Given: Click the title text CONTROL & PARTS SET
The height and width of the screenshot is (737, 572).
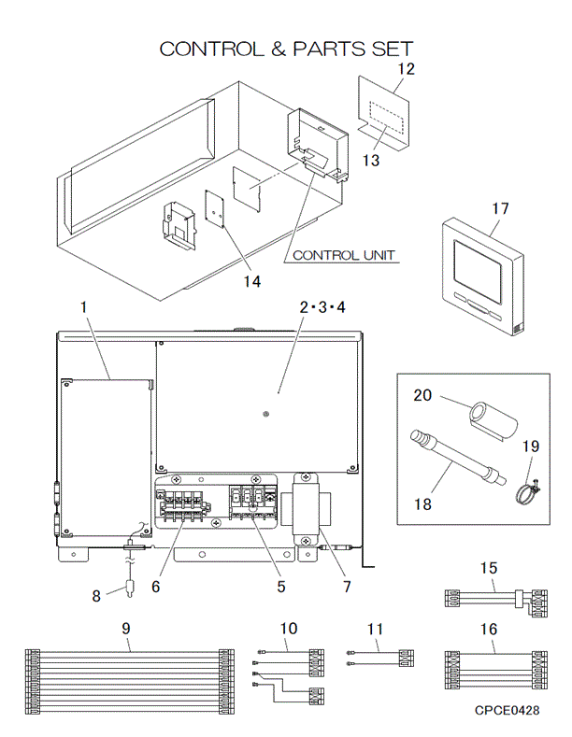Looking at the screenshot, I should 285,49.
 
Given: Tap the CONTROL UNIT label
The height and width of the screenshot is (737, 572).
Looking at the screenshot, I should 343,255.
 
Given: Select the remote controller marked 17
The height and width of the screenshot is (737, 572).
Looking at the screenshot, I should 483,276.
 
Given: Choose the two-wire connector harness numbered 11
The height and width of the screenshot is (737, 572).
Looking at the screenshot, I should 380,658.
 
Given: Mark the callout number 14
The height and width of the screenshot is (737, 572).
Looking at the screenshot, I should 228,280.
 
